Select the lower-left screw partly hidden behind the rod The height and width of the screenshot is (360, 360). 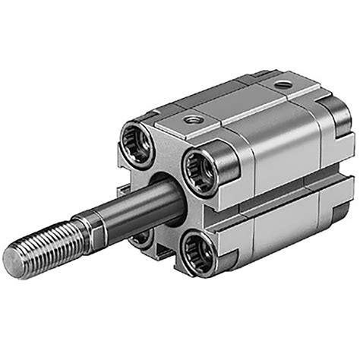click(141, 238)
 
